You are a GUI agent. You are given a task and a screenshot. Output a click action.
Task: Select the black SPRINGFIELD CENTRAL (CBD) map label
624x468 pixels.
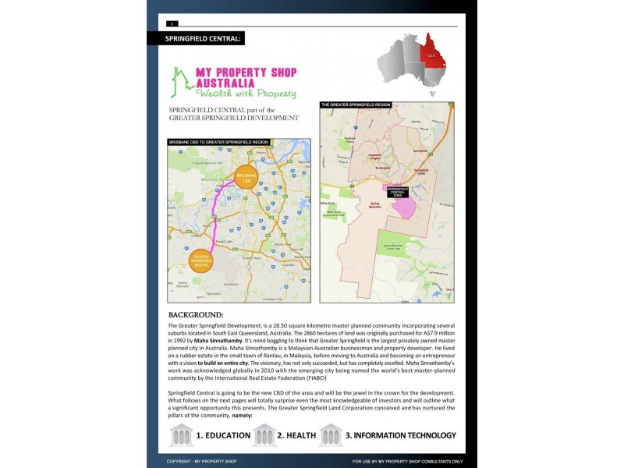(x=398, y=191)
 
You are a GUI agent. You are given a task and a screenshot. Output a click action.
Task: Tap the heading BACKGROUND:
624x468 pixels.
(x=196, y=314)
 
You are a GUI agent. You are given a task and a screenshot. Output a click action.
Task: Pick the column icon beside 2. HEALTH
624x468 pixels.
(x=264, y=434)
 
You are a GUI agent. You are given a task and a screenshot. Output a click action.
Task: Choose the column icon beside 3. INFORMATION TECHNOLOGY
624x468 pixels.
(x=330, y=434)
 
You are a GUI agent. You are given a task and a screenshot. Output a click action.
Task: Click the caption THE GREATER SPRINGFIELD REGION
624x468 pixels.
(x=356, y=104)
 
